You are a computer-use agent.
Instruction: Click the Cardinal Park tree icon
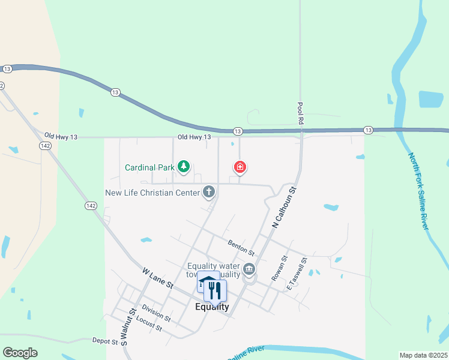[184, 167]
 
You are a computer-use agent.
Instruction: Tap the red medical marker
[240, 167]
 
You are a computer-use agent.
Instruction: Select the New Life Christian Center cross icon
[208, 192]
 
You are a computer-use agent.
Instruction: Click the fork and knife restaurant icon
[215, 290]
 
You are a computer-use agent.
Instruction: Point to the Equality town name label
[212, 307]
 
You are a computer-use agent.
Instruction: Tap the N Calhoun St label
[285, 207]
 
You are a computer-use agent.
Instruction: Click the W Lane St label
[157, 278]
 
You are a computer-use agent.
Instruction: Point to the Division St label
[157, 313]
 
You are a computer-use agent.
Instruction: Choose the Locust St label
[149, 323]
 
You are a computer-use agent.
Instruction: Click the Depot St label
[106, 341]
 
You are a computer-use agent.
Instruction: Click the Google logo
[20, 353]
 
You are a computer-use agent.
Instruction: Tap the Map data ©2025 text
[423, 355]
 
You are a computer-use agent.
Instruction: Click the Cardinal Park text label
[149, 167]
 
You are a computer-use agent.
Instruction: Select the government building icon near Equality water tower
[249, 268]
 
